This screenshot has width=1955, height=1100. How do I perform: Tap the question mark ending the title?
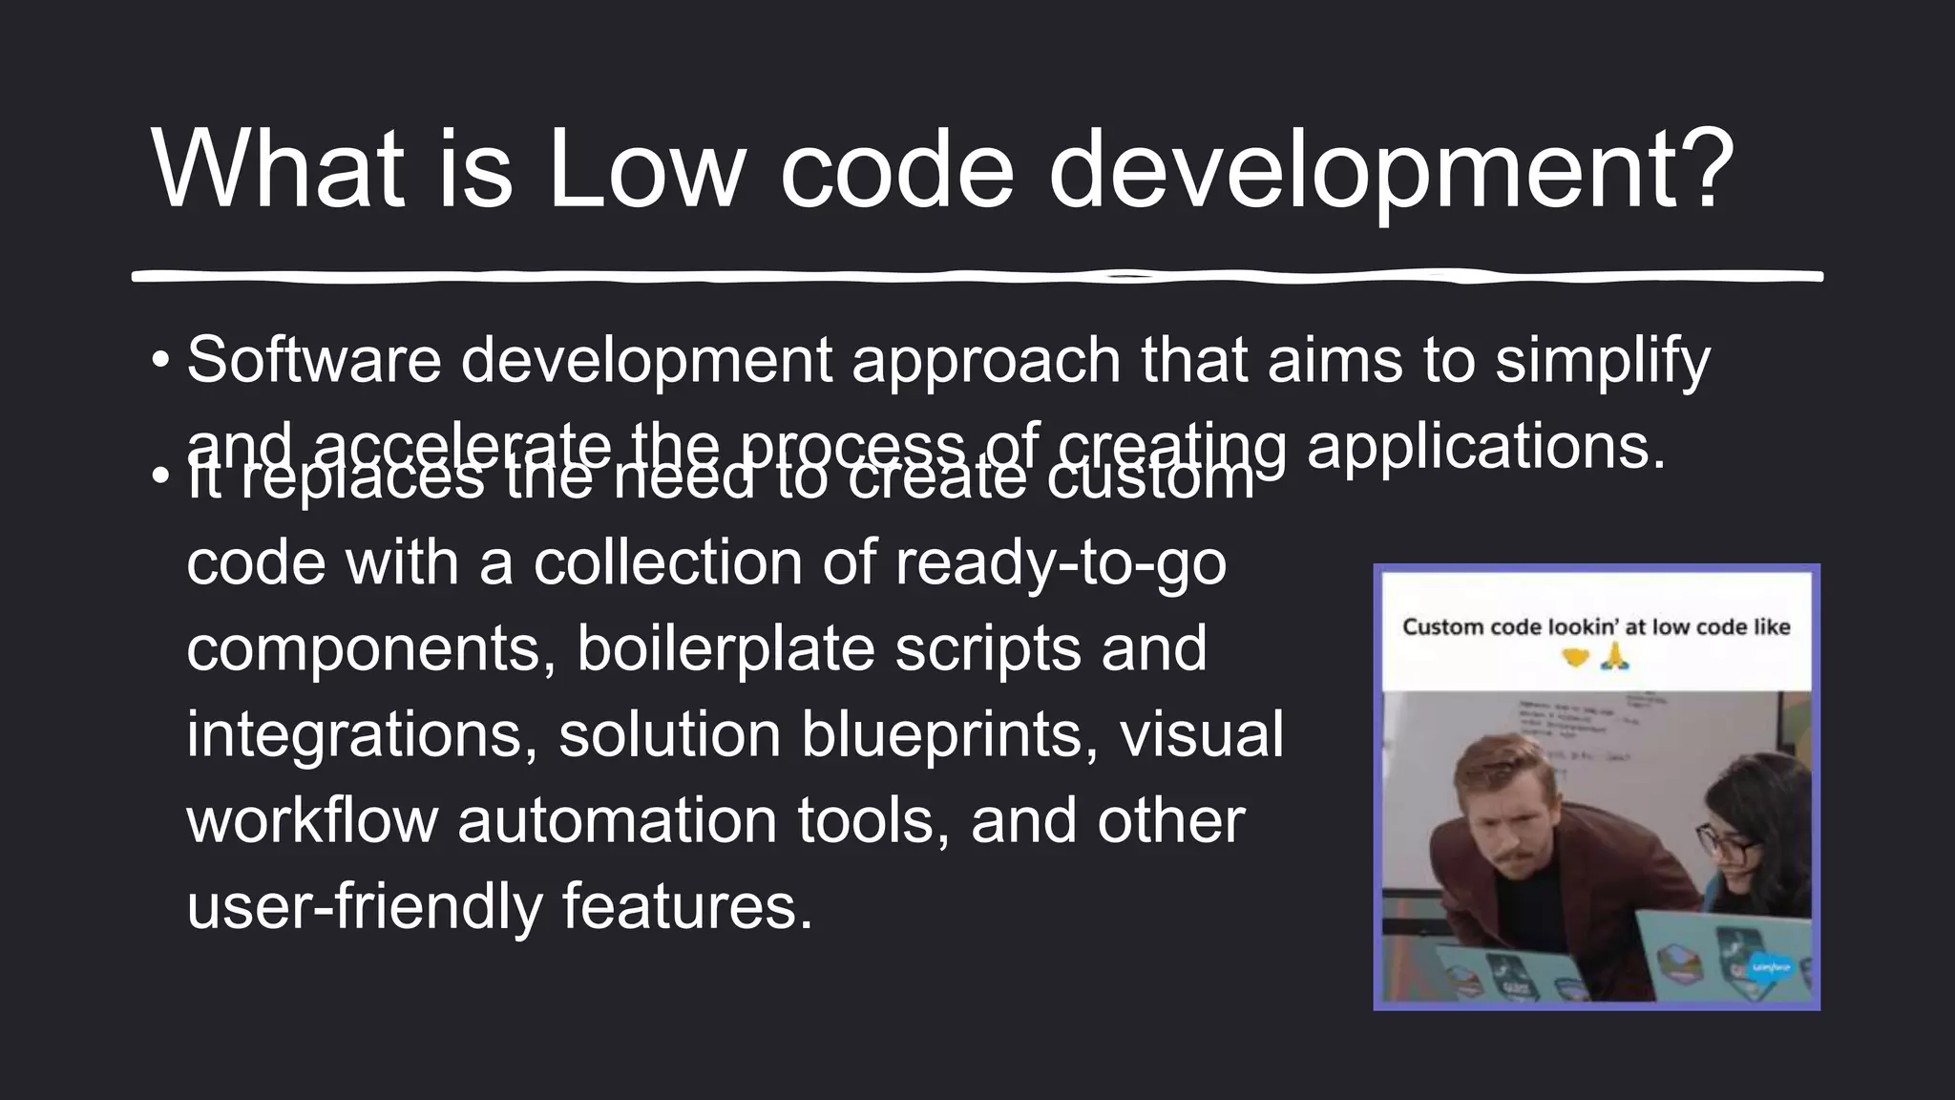(1694, 170)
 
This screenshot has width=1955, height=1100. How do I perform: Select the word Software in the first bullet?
(314, 361)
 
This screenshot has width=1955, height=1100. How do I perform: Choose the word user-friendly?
(364, 907)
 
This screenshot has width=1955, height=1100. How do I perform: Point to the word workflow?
(312, 821)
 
